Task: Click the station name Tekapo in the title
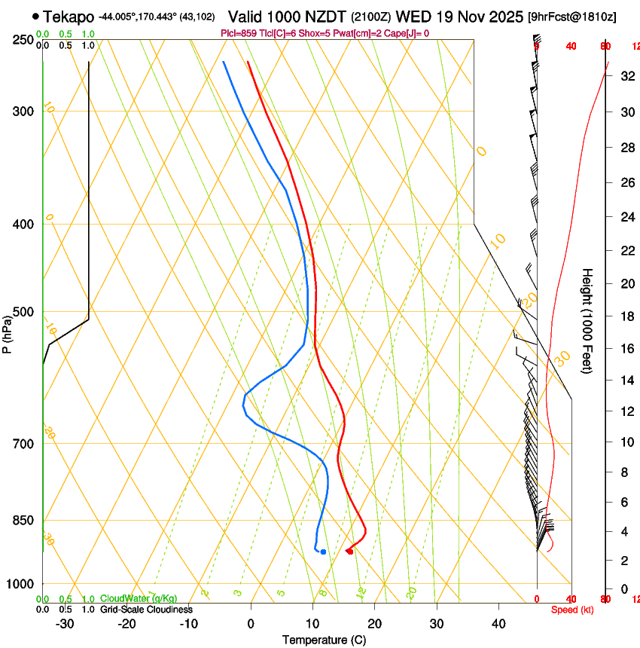[69, 17]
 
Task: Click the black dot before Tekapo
[35, 16]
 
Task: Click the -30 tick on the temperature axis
[65, 624]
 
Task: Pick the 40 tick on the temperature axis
[498, 624]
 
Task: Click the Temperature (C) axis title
[324, 640]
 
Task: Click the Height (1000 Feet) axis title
[587, 320]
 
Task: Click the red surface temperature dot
[350, 552]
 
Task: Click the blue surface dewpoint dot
[323, 552]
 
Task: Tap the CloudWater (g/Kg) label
[139, 598]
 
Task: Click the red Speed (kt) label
[572, 609]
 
